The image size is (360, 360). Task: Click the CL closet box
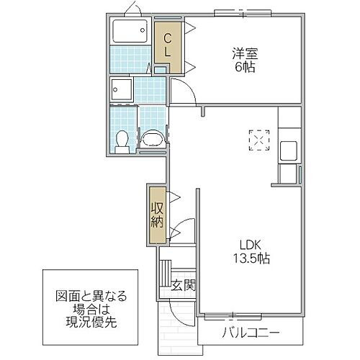pos(167,45)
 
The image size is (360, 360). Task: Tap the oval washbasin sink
pos(152,138)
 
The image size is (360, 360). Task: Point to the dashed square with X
pos(258,140)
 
